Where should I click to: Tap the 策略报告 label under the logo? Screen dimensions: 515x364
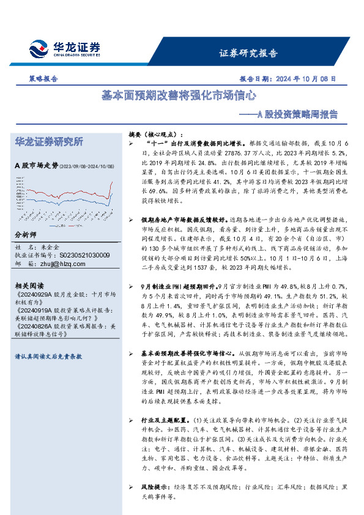point(43,79)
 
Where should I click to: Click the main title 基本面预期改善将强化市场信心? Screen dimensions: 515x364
point(178,96)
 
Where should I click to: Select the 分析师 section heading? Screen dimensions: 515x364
point(25,235)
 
